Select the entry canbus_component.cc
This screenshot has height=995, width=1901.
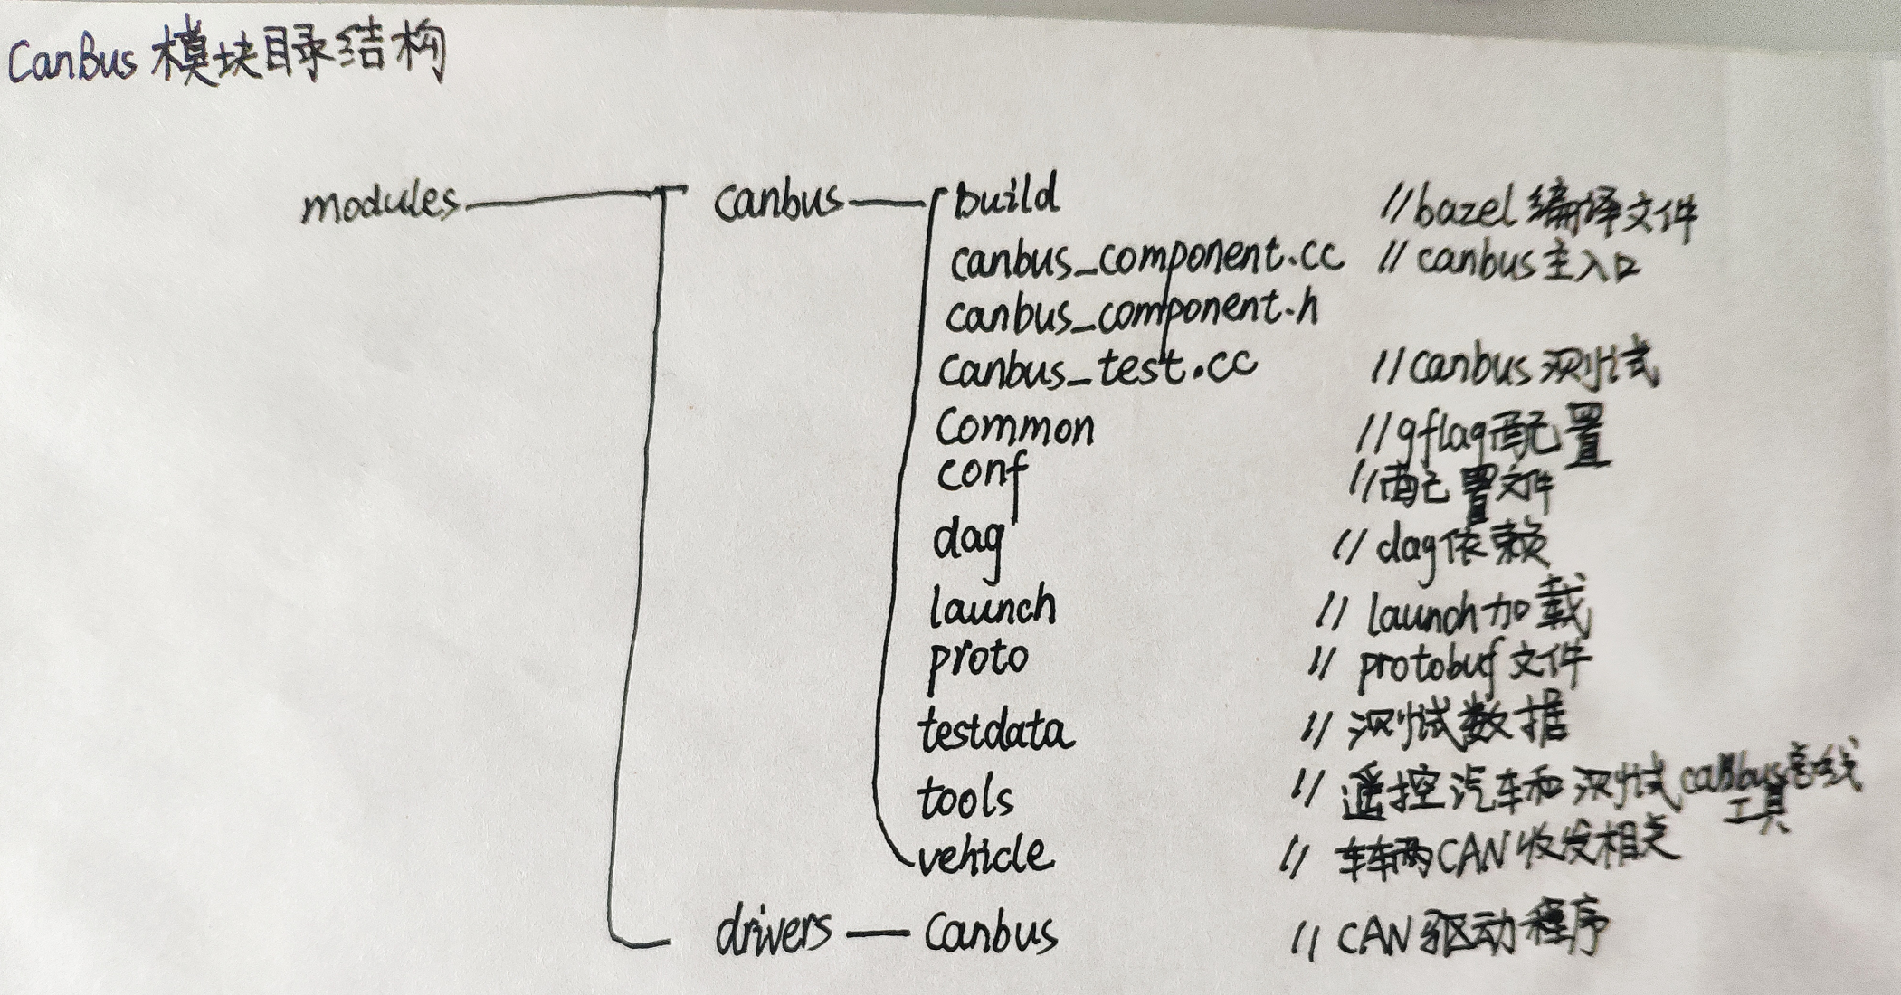(x=1145, y=260)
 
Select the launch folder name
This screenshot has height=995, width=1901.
(x=993, y=607)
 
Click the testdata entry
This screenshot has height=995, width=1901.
(x=995, y=731)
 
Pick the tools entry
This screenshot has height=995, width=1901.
(x=965, y=798)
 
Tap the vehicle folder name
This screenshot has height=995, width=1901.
(x=986, y=855)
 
